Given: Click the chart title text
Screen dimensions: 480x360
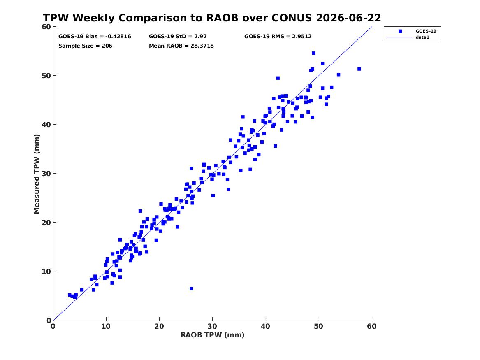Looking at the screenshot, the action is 212,18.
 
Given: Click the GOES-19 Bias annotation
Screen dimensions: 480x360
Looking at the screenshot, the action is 95,37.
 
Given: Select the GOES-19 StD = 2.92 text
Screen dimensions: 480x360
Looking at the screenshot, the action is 178,37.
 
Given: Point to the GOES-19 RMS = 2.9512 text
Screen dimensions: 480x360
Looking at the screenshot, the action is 278,37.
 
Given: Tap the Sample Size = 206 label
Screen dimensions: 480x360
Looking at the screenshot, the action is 85,46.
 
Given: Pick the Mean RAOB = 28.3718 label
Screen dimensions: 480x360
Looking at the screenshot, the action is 181,46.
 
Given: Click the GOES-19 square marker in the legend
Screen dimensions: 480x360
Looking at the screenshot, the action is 400,31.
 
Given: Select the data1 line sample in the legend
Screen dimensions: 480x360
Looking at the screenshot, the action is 400,37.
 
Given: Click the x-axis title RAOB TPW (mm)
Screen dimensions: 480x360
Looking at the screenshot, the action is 213,335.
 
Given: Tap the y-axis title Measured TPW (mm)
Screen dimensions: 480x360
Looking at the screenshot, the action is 37,174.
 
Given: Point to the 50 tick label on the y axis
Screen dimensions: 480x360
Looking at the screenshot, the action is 46,76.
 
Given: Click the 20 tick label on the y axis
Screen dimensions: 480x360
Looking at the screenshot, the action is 46,223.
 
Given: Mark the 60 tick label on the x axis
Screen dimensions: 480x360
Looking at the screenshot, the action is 372,326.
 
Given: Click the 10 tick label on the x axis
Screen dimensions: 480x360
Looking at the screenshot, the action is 106,326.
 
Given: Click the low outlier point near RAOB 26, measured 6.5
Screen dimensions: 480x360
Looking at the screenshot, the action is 191,289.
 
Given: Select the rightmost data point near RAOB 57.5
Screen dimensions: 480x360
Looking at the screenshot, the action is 359,69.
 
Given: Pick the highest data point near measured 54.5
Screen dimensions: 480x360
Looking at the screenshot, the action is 313,53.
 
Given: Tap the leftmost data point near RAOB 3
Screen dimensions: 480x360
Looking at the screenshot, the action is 70,295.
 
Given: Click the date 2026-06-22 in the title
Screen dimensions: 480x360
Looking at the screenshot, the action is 348,18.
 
